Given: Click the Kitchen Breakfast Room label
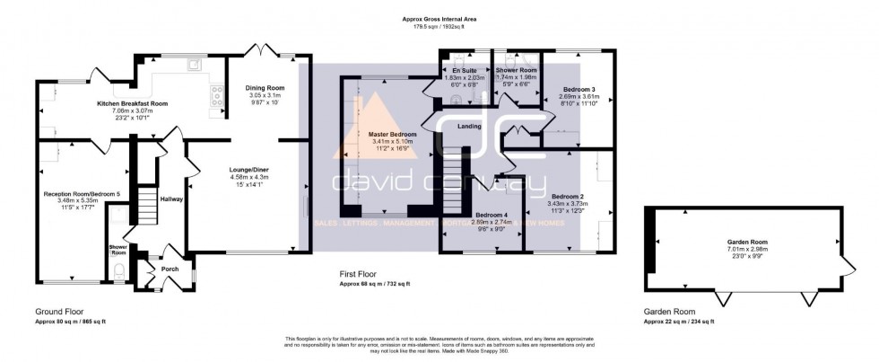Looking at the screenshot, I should tap(133, 103).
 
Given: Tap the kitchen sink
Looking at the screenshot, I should tap(195, 66).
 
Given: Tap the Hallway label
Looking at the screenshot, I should tap(170, 199).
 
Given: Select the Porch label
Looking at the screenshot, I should tap(170, 268).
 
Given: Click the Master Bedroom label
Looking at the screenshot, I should tap(393, 134).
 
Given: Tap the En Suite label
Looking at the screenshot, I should tap(464, 69).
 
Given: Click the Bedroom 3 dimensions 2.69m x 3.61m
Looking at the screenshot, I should tap(579, 97).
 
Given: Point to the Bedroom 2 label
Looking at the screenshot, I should tap(568, 196).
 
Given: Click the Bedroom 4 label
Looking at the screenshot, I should tap(492, 215).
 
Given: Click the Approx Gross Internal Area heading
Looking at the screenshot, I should tap(439, 19).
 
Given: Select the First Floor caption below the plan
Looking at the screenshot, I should tap(361, 276).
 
